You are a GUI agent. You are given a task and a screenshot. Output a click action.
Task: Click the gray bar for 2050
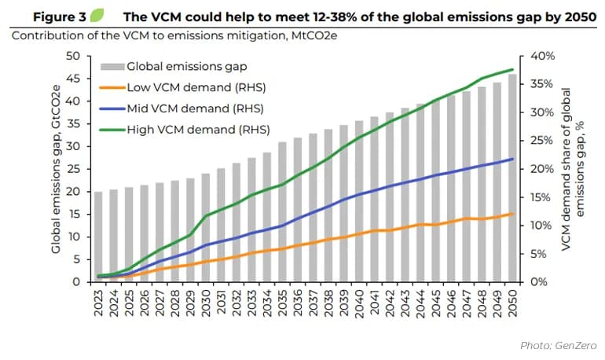coord(512,178)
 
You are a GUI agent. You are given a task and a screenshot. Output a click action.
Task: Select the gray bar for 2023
coord(98,237)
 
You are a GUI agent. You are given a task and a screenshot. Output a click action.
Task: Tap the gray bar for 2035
coord(282,211)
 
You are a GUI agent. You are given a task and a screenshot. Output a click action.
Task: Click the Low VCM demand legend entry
coord(183,87)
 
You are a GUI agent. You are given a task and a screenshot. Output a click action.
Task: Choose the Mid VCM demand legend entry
coord(181,108)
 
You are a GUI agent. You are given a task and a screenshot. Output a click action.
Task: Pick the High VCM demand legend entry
coord(185,130)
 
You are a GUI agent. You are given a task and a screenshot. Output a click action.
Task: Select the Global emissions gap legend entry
coord(174,66)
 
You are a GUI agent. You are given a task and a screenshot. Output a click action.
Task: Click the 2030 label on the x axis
coord(206,303)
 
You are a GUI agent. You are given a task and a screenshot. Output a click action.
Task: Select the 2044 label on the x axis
coord(420,303)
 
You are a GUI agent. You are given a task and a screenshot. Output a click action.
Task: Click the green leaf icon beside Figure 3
coord(97,16)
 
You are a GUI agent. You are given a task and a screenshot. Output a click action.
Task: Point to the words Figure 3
coord(60,17)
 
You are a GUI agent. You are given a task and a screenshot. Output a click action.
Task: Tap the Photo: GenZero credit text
coord(559,345)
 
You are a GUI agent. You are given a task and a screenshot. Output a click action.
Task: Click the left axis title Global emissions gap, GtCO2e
coord(56,169)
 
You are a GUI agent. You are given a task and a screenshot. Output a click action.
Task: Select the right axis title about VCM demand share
coord(573,169)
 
